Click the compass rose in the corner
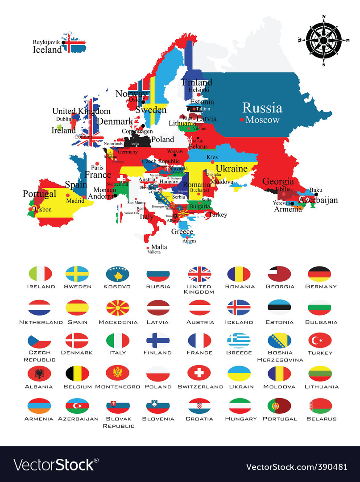pos(323,40)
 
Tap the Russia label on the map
pos(262,108)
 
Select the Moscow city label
pos(262,120)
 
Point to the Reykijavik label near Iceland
pos(46,42)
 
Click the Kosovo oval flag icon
pos(117,274)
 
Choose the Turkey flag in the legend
pos(320,341)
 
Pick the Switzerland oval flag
pos(199,373)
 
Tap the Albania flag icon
pos(39,373)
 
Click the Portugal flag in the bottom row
pos(279,406)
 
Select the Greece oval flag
pos(239,341)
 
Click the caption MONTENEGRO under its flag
pos(117,386)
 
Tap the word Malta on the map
pos(159,247)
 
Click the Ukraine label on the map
pos(232,168)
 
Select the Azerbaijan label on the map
pos(318,200)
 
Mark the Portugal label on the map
pos(40,194)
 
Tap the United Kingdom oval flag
pos(199,274)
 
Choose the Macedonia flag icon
pos(117,308)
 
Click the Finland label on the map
pos(197,83)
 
